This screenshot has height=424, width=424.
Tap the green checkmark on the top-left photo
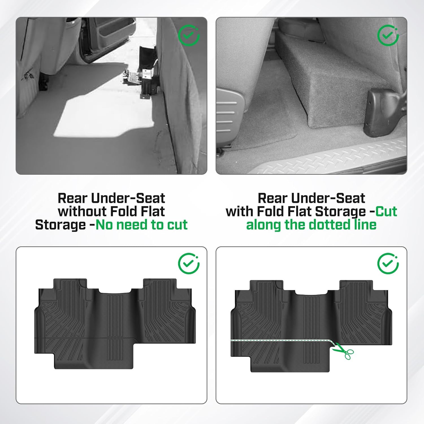[x=189, y=36]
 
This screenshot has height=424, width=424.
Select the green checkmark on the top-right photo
[x=388, y=36]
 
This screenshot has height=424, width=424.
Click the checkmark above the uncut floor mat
[x=189, y=263]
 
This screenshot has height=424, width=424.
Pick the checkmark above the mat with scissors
[x=388, y=263]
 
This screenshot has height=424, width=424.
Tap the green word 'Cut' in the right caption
[x=386, y=212]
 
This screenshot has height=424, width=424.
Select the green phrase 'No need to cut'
[x=141, y=225]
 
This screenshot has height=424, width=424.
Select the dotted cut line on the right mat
[x=280, y=340]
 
